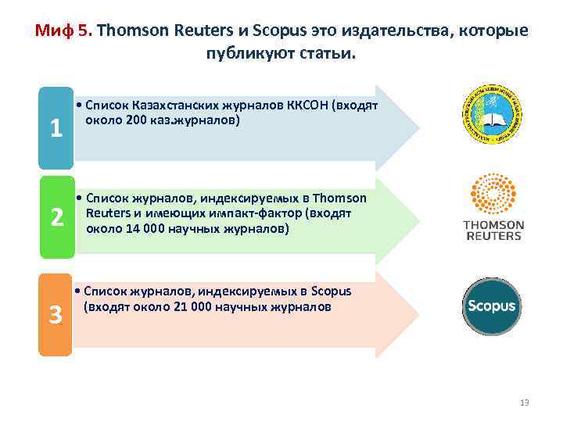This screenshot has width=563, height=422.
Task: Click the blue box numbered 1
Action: (56, 129)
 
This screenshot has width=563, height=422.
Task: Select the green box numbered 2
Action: (56, 218)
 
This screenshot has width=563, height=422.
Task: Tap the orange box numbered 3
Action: (56, 314)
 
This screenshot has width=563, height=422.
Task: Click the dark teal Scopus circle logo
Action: (491, 306)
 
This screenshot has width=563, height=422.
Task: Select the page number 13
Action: (524, 402)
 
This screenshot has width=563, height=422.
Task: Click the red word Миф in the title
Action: (54, 32)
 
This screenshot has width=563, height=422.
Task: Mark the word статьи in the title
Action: (331, 54)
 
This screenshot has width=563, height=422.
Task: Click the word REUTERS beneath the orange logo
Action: (493, 236)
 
